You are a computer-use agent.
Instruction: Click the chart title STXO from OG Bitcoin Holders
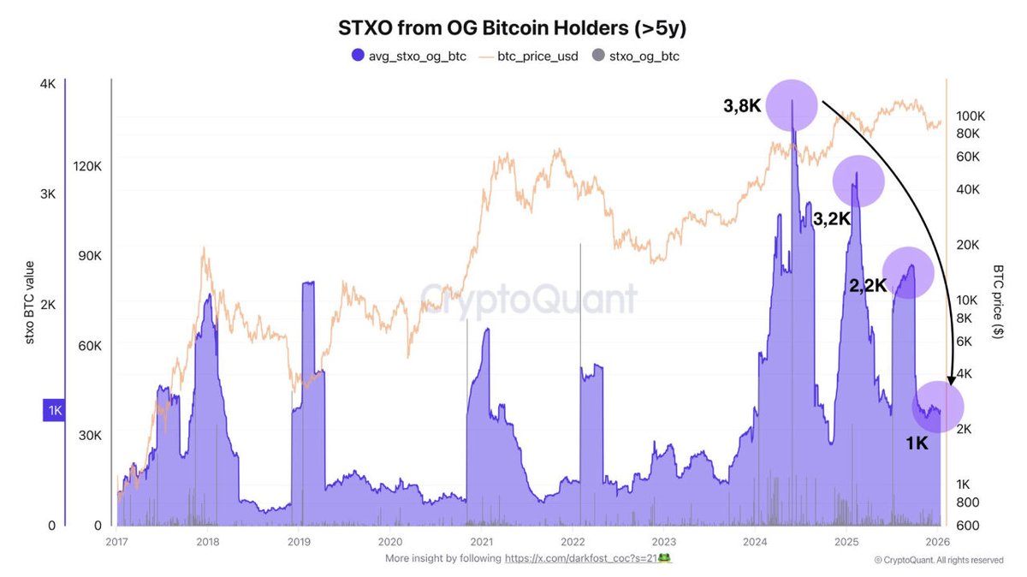click(513, 27)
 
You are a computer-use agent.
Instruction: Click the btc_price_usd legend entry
click(525, 57)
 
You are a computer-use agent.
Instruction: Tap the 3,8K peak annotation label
click(741, 107)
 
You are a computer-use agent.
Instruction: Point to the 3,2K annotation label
click(831, 218)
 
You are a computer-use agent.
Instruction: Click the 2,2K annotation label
click(867, 287)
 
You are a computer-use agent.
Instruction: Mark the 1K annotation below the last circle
click(917, 443)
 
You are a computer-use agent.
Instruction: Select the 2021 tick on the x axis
click(481, 541)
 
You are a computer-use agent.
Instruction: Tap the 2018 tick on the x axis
click(206, 541)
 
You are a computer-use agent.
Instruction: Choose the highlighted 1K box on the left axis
click(54, 411)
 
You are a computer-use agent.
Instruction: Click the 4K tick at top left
click(46, 84)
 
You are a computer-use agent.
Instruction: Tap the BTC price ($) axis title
click(998, 302)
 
